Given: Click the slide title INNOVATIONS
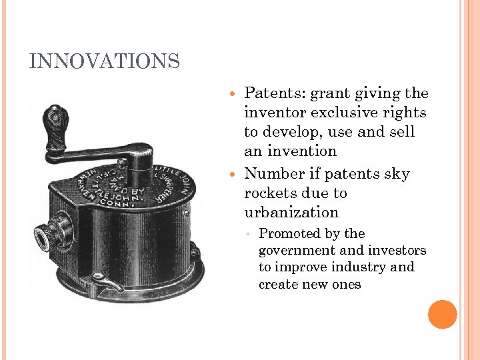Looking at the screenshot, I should tap(105, 62).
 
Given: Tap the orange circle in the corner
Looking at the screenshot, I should tap(442, 315).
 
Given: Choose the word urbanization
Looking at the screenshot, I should tap(292, 213).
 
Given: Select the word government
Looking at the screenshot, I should tap(297, 251).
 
